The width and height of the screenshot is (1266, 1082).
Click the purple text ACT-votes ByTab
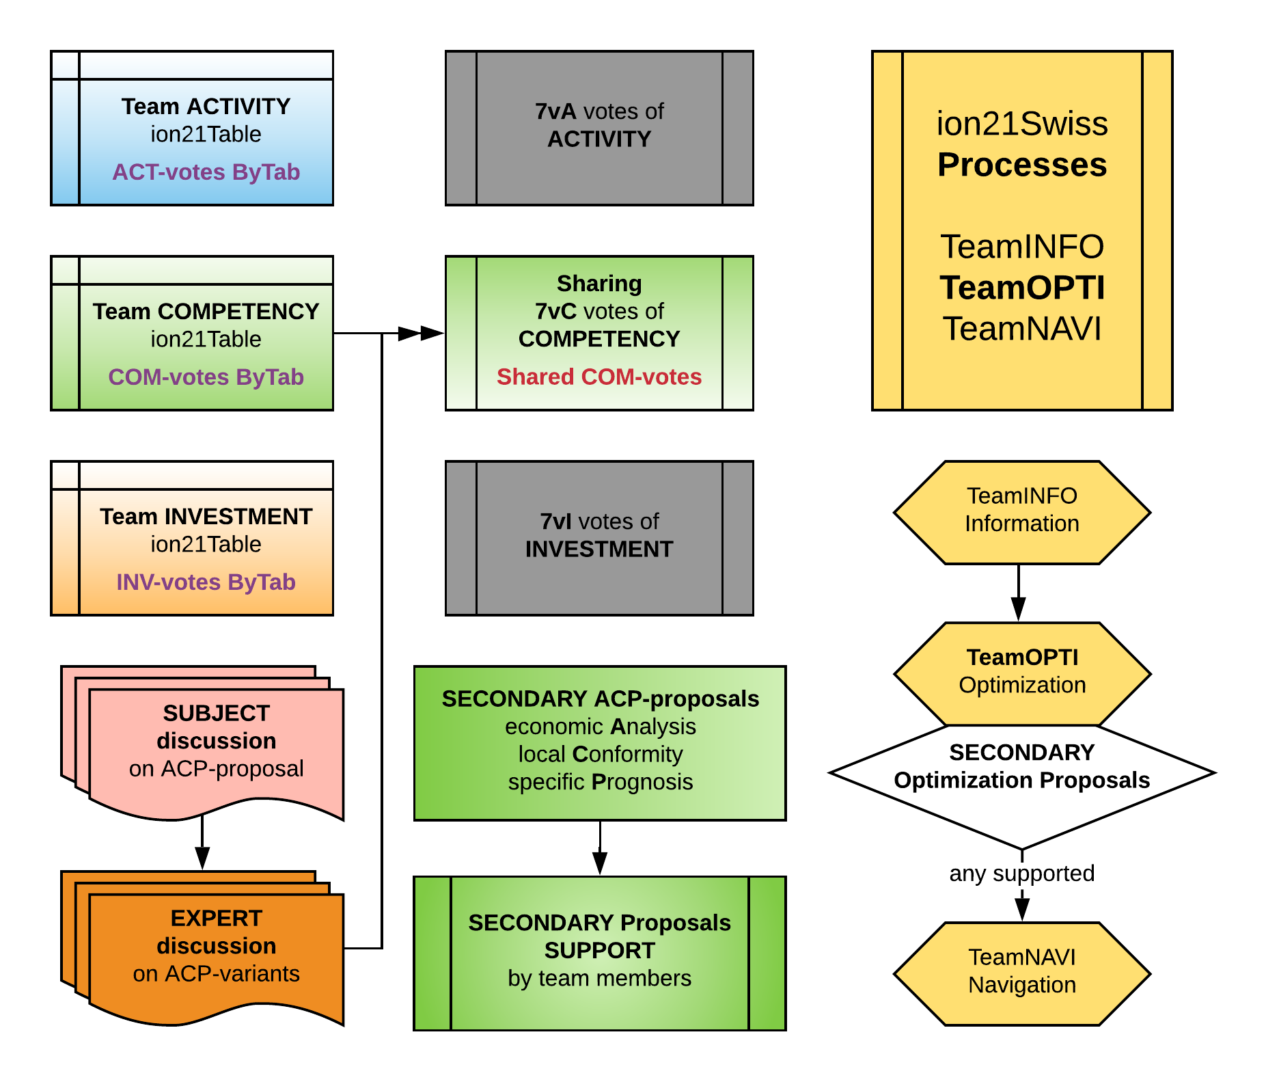[206, 172]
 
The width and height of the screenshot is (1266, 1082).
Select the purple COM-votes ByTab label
[206, 377]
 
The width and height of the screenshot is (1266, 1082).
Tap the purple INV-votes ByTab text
[206, 582]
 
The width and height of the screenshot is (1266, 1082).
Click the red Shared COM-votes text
[599, 377]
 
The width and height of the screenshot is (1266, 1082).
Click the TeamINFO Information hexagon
[1022, 513]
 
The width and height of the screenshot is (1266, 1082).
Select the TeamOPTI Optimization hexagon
[1022, 673]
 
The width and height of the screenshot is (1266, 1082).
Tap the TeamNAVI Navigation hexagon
[1022, 973]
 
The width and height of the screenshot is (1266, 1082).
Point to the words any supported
[1022, 874]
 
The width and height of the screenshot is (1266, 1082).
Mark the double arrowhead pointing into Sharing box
[420, 334]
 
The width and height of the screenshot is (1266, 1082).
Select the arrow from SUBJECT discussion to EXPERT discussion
[202, 844]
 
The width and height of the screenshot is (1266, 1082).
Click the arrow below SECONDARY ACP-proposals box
[600, 848]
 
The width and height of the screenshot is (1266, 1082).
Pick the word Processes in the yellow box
[1022, 165]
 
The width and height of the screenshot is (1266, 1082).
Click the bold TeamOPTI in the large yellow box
[1022, 288]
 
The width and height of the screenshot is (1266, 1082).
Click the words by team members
[599, 979]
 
